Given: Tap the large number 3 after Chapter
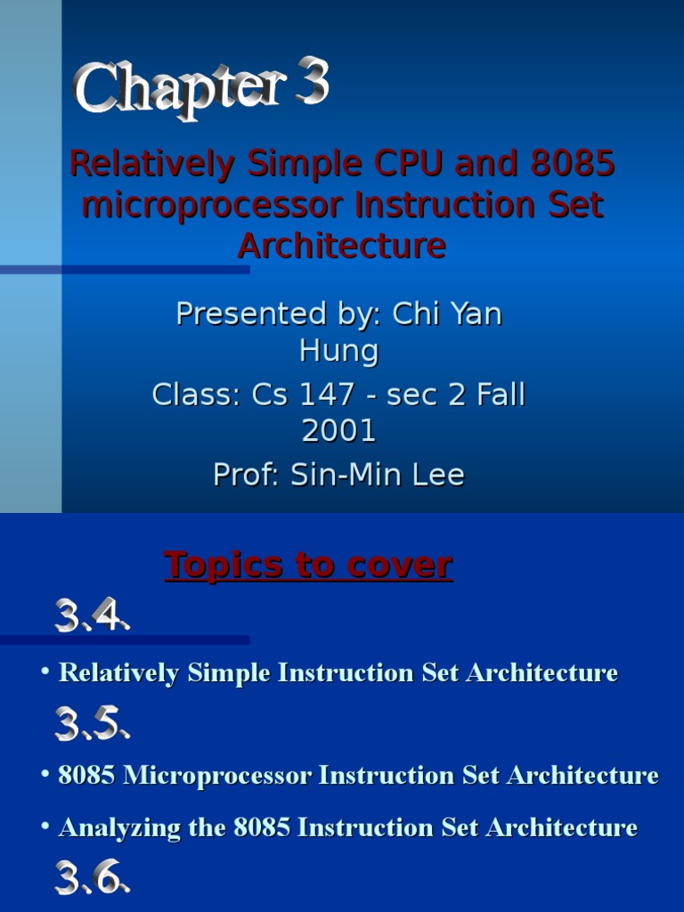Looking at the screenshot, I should (313, 85).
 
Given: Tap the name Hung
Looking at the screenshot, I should (338, 351).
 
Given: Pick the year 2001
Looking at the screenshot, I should (338, 431).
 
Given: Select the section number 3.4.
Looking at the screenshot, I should (92, 616).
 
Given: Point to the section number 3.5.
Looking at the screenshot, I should (92, 724).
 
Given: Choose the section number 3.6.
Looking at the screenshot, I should (92, 879).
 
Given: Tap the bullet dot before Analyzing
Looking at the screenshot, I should (45, 827).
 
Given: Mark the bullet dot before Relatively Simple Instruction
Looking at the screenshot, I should (45, 672).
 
